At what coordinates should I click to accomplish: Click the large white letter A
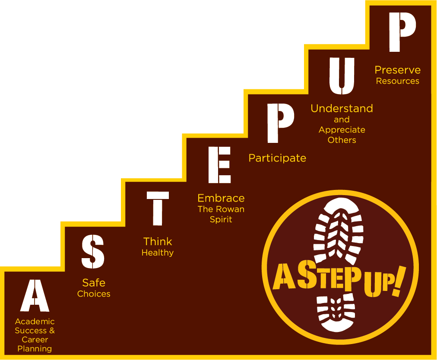pyautogui.click(x=35, y=296)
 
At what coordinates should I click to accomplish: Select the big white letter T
pyautogui.click(x=158, y=209)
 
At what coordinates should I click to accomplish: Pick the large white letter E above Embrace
pyautogui.click(x=219, y=165)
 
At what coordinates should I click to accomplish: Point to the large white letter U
pyautogui.click(x=342, y=76)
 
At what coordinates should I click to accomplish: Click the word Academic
pyautogui.click(x=35, y=322)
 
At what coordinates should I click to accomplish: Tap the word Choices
pyautogui.click(x=94, y=294)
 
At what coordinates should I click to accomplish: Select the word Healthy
pyautogui.click(x=158, y=253)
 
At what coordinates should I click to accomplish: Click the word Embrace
pyautogui.click(x=221, y=198)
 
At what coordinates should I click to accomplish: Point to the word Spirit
pyautogui.click(x=221, y=220)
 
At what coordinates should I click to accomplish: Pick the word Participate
pyautogui.click(x=277, y=158)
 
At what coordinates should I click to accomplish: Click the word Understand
pyautogui.click(x=342, y=108)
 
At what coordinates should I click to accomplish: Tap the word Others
pyautogui.click(x=342, y=140)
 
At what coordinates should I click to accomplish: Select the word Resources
pyautogui.click(x=397, y=81)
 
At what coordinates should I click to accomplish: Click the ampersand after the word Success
pyautogui.click(x=52, y=331)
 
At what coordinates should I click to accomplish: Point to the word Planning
pyautogui.click(x=35, y=349)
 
